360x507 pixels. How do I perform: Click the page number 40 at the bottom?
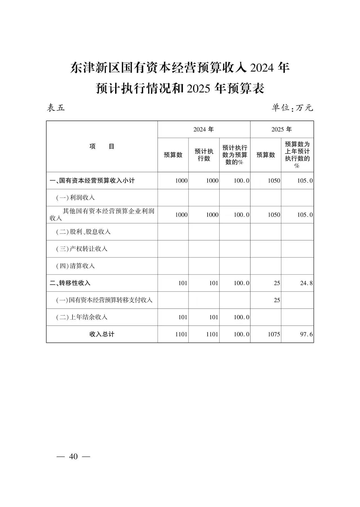73,456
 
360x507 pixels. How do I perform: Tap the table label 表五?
56,108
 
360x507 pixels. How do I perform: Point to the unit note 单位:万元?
292,108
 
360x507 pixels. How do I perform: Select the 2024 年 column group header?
204,129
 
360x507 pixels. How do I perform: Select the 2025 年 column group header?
282,129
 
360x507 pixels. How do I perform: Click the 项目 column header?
102,146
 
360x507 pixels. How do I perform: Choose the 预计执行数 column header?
204,155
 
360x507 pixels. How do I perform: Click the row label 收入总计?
102,334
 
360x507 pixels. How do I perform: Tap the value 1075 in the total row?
274,334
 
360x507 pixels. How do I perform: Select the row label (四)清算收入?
75,266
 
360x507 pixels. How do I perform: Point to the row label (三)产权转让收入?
82,249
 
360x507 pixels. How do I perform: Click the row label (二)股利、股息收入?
83,232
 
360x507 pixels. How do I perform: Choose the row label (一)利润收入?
75,198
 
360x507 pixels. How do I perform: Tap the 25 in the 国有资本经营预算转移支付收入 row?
277,300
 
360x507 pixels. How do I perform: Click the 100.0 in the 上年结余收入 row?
241,317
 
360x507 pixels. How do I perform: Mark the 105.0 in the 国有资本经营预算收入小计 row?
305,181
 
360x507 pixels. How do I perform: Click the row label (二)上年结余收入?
82,317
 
